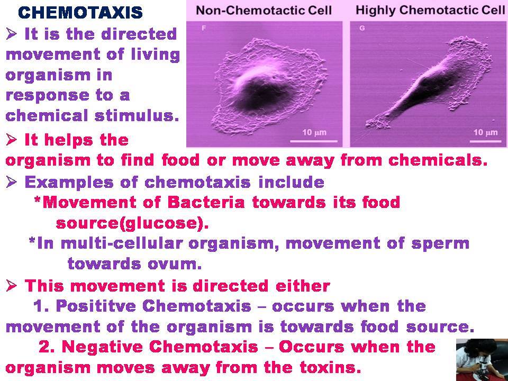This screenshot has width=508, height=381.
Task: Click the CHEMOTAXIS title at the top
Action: click(80, 13)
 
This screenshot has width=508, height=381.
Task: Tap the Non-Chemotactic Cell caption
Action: click(264, 11)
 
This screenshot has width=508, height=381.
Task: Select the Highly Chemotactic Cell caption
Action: click(430, 11)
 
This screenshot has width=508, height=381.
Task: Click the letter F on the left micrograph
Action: click(204, 28)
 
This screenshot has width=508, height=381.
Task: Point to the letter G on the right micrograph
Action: click(362, 28)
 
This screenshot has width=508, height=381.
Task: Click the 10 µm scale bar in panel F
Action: click(314, 141)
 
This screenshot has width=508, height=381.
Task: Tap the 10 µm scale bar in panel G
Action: click(485, 141)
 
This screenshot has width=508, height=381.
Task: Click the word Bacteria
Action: click(206, 203)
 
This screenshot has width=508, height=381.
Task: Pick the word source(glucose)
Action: click(132, 223)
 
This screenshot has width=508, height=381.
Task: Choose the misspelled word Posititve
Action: click(96, 306)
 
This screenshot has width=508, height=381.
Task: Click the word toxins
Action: click(330, 367)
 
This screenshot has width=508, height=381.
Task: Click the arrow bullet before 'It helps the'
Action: click(11, 140)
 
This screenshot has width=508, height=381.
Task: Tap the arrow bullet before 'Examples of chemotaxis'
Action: click(11, 182)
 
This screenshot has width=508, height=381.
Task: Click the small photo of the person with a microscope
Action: click(482, 360)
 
